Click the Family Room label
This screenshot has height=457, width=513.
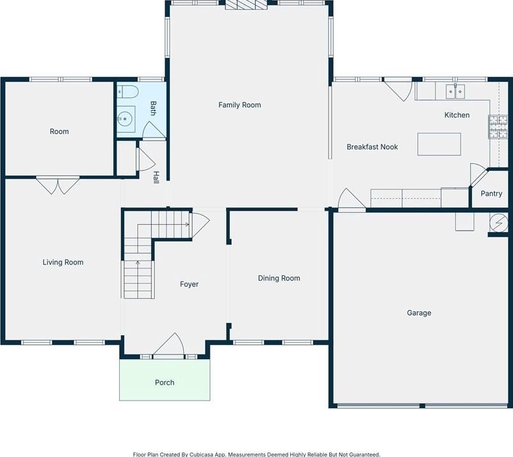pyautogui.click(x=240, y=105)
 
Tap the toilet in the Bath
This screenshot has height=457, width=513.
pyautogui.click(x=128, y=92)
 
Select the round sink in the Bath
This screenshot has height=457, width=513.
pyautogui.click(x=124, y=119)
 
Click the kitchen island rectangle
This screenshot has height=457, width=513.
pyautogui.click(x=439, y=144)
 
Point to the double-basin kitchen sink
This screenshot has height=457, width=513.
pyautogui.click(x=455, y=91)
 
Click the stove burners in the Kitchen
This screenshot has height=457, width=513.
pyautogui.click(x=498, y=126)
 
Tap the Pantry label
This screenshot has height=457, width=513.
pyautogui.click(x=491, y=193)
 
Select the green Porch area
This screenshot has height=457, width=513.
pyautogui.click(x=165, y=380)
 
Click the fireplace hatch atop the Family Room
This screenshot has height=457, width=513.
pyautogui.click(x=246, y=5)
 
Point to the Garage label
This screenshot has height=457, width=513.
pyautogui.click(x=419, y=312)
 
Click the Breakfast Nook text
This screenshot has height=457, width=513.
pyautogui.click(x=372, y=147)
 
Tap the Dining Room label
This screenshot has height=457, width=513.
pyautogui.click(x=279, y=278)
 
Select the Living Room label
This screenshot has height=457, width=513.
pyautogui.click(x=63, y=263)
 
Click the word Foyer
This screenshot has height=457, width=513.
pyautogui.click(x=189, y=284)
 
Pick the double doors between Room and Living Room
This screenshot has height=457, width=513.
pyautogui.click(x=58, y=185)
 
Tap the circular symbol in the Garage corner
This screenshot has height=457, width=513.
pyautogui.click(x=499, y=223)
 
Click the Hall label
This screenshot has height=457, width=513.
pyautogui.click(x=156, y=178)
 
